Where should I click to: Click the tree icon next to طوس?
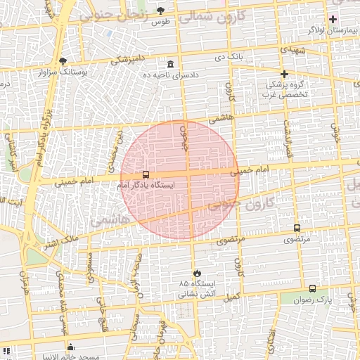click(x=161, y=11)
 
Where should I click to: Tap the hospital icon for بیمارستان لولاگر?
click(x=333, y=18)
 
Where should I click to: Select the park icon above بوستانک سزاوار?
click(x=63, y=61)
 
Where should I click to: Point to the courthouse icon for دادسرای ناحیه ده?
click(x=171, y=63)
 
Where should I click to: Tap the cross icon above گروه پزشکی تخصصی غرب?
click(x=285, y=74)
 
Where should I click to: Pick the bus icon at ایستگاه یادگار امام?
click(x=146, y=174)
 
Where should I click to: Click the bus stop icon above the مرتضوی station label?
click(x=297, y=229)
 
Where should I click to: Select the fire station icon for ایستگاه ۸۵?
click(x=196, y=274)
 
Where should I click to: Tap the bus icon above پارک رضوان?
click(x=312, y=288)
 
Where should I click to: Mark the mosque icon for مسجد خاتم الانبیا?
click(x=70, y=347)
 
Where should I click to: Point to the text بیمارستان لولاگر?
click(x=333, y=31)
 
